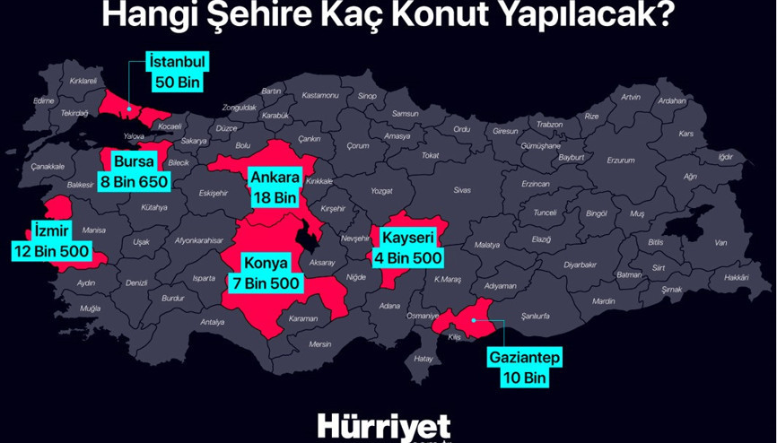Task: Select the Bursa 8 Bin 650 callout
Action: (x=135, y=170)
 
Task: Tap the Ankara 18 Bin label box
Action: (x=274, y=186)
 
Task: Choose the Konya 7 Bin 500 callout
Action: (x=267, y=273)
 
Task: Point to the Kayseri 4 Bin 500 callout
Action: (x=407, y=248)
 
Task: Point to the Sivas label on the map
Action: (x=462, y=190)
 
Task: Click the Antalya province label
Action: (x=213, y=322)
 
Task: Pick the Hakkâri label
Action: (x=736, y=278)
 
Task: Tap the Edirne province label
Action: (x=44, y=100)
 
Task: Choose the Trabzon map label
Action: (x=548, y=125)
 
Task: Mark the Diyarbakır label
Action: (x=581, y=265)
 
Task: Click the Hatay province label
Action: (x=423, y=359)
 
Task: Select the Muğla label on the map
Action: (x=90, y=308)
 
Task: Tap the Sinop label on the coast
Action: (x=366, y=95)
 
